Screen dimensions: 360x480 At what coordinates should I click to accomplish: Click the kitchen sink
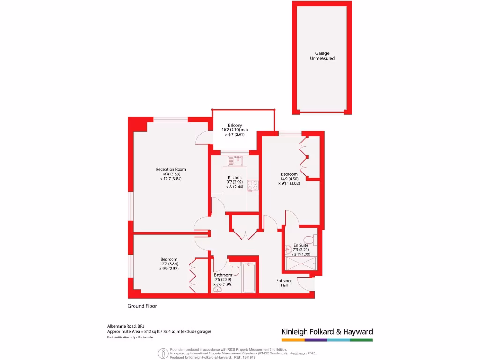[236, 161]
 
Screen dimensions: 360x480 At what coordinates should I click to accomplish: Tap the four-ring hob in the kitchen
[253, 186]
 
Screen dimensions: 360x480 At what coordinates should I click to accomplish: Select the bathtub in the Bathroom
[248, 278]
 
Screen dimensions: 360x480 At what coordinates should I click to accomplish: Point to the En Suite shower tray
[300, 264]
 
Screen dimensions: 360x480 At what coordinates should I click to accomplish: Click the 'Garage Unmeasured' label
[322, 56]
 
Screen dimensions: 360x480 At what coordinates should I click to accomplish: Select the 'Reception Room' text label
[171, 169]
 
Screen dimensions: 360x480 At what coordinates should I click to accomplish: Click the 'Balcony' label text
[235, 125]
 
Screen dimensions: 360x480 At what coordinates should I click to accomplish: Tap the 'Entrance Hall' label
[284, 283]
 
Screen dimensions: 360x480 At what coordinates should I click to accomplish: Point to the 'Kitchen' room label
[235, 177]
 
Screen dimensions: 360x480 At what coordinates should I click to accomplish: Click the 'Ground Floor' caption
[142, 306]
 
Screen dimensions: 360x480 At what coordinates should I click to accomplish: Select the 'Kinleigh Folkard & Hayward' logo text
[327, 332]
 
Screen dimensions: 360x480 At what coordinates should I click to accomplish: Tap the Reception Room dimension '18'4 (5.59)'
[171, 174]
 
